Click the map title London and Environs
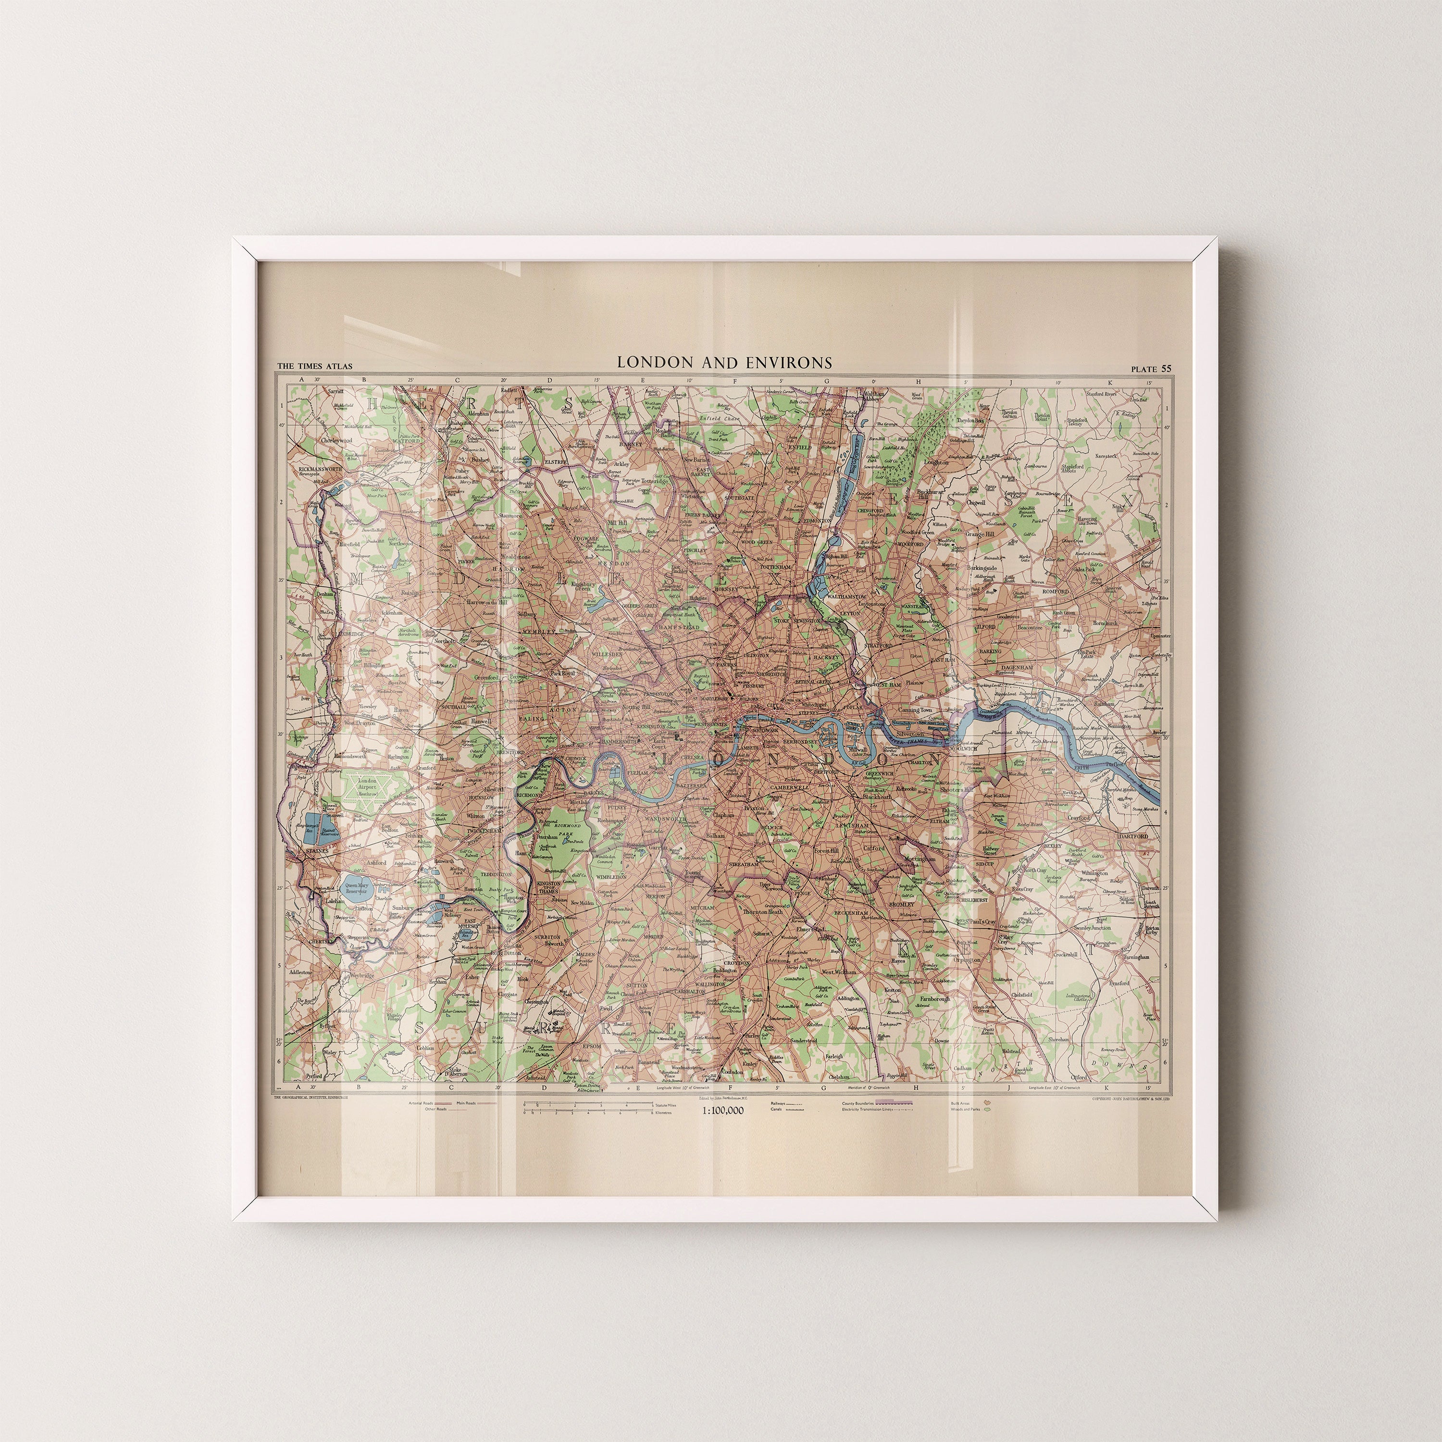(723, 363)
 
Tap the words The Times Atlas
(314, 366)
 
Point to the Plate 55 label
(1151, 368)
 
